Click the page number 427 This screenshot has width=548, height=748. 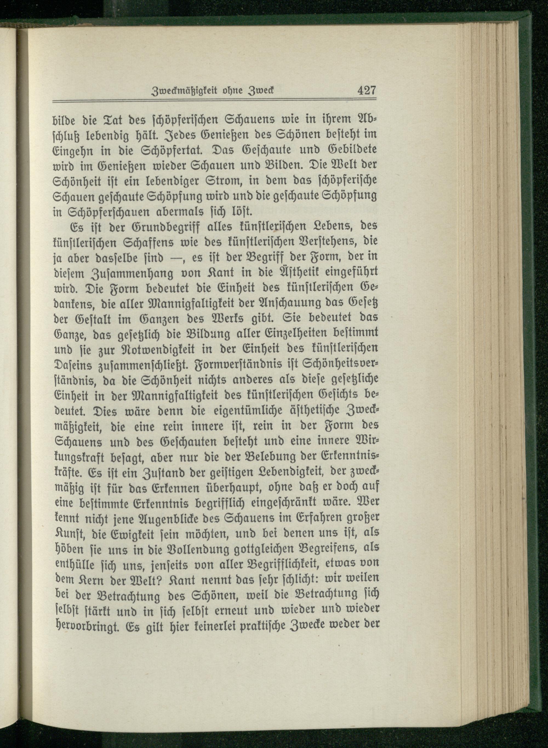click(x=366, y=90)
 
